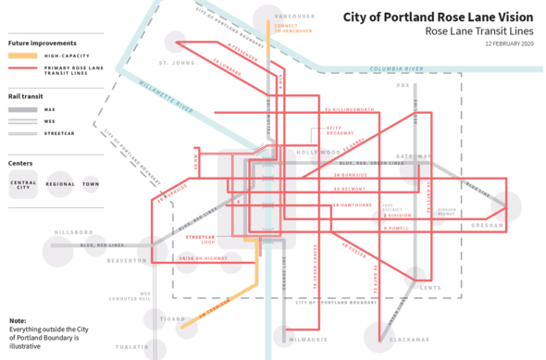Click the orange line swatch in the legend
[22, 56]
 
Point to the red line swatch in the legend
[22, 69]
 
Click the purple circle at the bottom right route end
[378, 334]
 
